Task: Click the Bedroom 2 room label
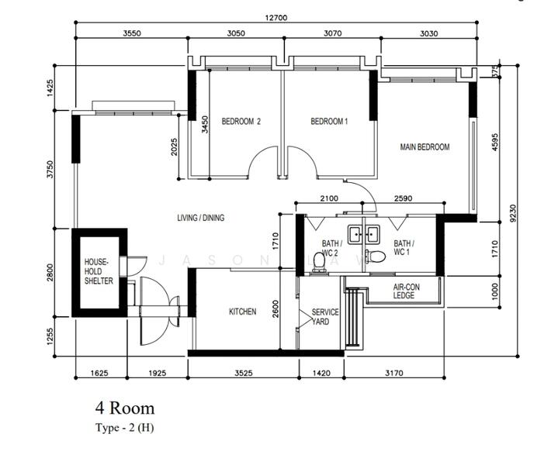pos(241,121)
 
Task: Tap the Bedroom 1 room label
pos(329,121)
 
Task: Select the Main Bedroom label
pos(424,147)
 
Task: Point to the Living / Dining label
pos(201,218)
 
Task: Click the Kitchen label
pos(242,312)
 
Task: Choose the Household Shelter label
pos(99,271)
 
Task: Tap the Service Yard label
pos(324,317)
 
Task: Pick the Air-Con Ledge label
pos(407,291)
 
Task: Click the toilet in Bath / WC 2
pos(319,262)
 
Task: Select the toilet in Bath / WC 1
pos(376,257)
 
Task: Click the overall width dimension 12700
pos(276,17)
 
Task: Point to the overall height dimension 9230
pos(514,213)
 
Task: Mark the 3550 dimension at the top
pos(132,33)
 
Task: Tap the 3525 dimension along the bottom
pos(244,374)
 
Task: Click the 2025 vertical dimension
pos(174,147)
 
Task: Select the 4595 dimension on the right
pos(495,142)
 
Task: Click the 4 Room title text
pos(125,408)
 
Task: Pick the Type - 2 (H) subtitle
pos(124,428)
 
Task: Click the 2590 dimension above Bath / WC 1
pos(403,198)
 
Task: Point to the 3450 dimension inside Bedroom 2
pos(205,125)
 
